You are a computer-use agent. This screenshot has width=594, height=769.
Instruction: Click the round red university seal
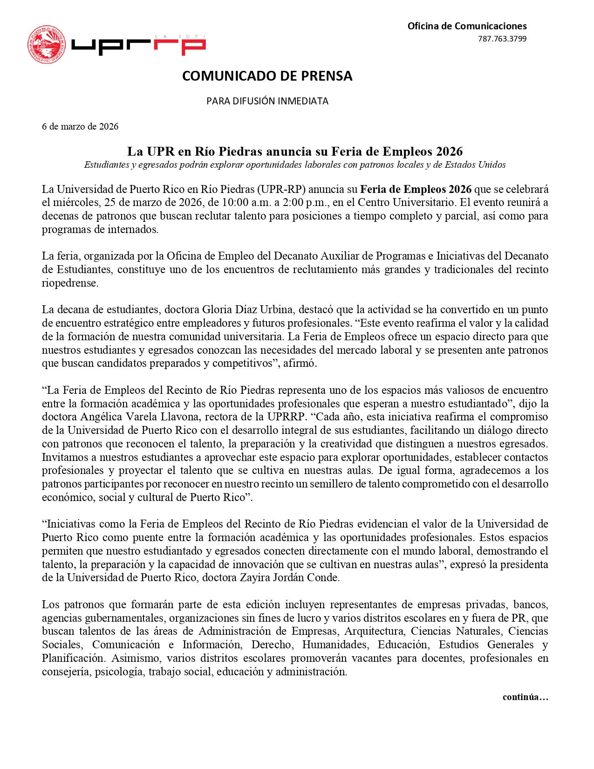(47, 45)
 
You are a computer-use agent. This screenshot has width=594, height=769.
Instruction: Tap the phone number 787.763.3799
(502, 39)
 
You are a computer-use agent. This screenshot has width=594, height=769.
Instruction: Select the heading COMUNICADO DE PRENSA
(267, 76)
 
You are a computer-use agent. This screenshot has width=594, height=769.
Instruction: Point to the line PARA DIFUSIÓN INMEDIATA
(267, 101)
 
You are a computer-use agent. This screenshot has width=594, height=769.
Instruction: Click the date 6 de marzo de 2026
(80, 126)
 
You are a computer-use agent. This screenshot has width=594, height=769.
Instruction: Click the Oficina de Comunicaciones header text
(467, 26)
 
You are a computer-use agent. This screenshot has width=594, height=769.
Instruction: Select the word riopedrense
(70, 283)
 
